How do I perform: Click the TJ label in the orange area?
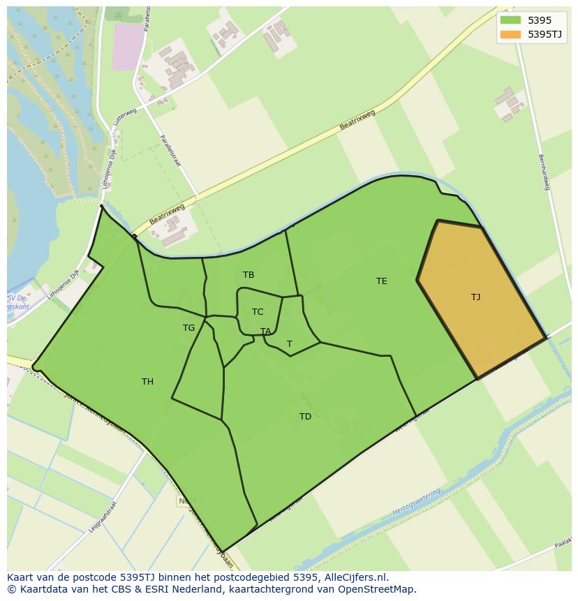475,297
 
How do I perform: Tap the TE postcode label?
381,281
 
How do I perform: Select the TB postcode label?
249,275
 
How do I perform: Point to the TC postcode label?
258,312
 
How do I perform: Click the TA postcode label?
265,332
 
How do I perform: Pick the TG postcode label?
188,328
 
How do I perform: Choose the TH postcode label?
147,382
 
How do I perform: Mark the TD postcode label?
305,417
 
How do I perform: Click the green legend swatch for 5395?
510,20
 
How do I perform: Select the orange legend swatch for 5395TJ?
510,34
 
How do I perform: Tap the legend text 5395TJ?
545,34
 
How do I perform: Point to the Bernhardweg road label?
544,172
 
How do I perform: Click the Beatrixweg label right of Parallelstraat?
357,119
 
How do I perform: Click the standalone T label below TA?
289,344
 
